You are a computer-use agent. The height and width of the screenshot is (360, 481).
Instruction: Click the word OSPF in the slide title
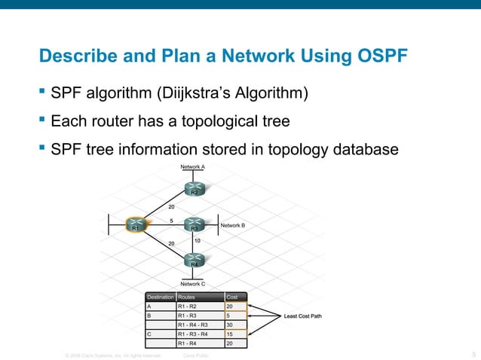point(375,56)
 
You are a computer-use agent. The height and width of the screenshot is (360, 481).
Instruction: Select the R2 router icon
point(194,189)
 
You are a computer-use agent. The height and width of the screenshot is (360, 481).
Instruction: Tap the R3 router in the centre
point(194,224)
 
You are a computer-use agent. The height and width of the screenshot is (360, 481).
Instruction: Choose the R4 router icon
point(194,261)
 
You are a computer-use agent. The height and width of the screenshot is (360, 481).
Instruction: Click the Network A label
point(193,166)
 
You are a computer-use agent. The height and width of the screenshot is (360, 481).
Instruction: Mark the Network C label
point(193,284)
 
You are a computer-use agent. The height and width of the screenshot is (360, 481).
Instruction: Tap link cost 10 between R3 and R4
point(198,240)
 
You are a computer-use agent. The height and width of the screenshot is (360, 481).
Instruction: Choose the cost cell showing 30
point(231,325)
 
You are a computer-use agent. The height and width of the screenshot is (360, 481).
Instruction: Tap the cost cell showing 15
point(231,334)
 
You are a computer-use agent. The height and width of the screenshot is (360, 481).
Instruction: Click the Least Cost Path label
point(302,316)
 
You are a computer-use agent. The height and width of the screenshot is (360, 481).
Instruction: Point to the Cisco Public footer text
point(196,355)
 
